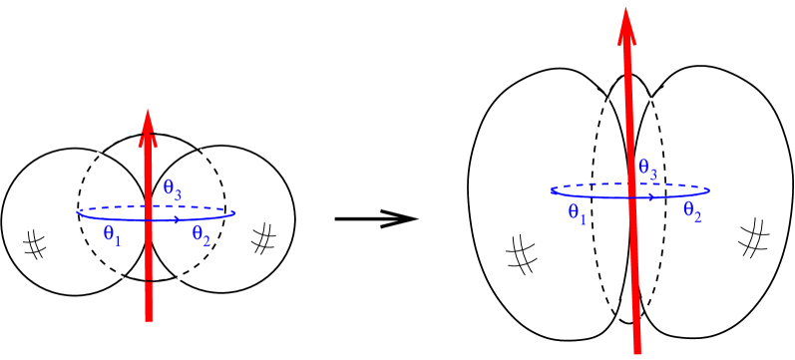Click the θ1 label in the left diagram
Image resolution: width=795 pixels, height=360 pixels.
pos(112,235)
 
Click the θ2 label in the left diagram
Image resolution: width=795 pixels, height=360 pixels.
pos(200,235)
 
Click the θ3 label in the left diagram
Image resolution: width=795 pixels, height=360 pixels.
pos(172,187)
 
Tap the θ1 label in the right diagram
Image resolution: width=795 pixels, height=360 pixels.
pos(577,212)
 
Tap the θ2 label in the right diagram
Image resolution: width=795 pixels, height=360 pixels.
pos(691,210)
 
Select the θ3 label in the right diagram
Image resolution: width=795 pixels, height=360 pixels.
pos(647,169)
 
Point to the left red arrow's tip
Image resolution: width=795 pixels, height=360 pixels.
pos(148,109)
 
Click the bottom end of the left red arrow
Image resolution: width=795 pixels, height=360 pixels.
pos(149,320)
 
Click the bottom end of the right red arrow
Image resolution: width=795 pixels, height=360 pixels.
pos(636,352)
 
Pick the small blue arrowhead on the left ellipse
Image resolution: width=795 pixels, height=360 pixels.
pos(176,218)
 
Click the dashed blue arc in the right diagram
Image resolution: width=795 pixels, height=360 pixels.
pos(598,184)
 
